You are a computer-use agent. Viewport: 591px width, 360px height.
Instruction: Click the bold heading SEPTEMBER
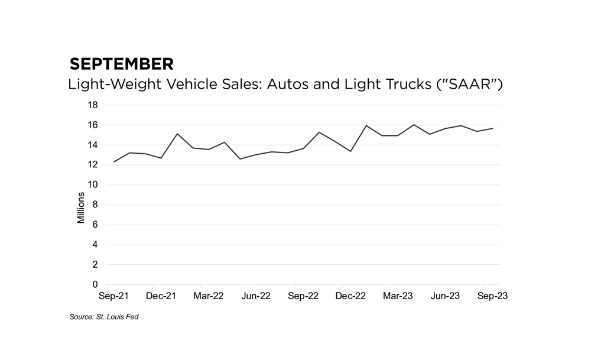coord(121,64)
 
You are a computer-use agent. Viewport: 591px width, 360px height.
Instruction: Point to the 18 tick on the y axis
coord(93,105)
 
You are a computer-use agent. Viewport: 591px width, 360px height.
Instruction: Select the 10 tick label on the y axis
coord(93,185)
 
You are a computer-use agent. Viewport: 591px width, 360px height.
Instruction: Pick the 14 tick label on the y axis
coord(93,145)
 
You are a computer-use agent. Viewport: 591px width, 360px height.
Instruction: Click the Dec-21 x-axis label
coord(161,296)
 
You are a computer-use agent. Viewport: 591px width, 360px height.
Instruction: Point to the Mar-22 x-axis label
coord(209,296)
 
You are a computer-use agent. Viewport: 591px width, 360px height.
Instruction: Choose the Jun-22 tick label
coord(256,296)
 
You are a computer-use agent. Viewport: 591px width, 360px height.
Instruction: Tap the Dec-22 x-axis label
coord(350,296)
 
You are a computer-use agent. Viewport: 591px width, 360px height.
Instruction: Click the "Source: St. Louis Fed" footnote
coord(105,317)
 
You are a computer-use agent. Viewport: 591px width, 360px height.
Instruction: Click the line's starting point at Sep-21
coord(114,162)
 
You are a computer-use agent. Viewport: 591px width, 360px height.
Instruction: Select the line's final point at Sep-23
coord(492,128)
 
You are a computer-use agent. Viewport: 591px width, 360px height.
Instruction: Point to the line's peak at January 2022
coord(177,134)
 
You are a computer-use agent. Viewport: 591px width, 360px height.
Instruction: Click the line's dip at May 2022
coord(240,159)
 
